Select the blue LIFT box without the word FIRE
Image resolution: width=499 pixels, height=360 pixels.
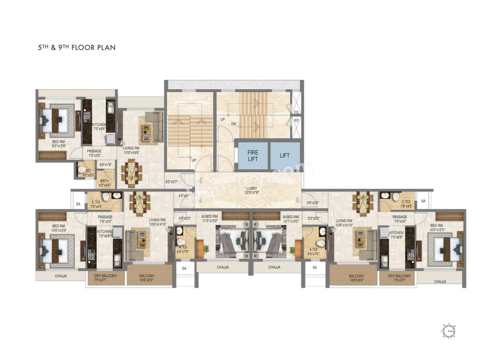(x=285, y=155)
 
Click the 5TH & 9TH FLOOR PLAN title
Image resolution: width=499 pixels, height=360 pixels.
(x=76, y=48)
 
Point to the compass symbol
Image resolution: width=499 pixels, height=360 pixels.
(x=449, y=331)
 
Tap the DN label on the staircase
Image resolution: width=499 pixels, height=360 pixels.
(x=234, y=124)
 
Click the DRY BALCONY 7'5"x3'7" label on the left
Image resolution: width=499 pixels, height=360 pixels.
(x=105, y=278)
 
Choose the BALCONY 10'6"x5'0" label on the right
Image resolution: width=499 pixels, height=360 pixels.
(x=354, y=278)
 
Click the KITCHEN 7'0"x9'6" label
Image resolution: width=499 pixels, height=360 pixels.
(x=99, y=127)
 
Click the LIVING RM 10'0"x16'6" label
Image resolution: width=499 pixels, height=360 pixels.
(x=131, y=150)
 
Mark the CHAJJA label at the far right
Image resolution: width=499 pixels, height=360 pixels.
(x=440, y=281)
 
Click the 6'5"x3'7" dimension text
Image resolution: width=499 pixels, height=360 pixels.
(x=172, y=182)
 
